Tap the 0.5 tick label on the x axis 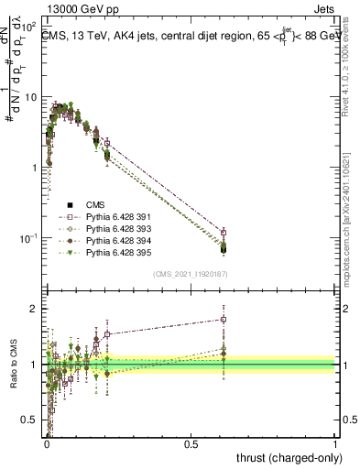[191, 444]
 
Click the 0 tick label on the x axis [47, 444]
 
